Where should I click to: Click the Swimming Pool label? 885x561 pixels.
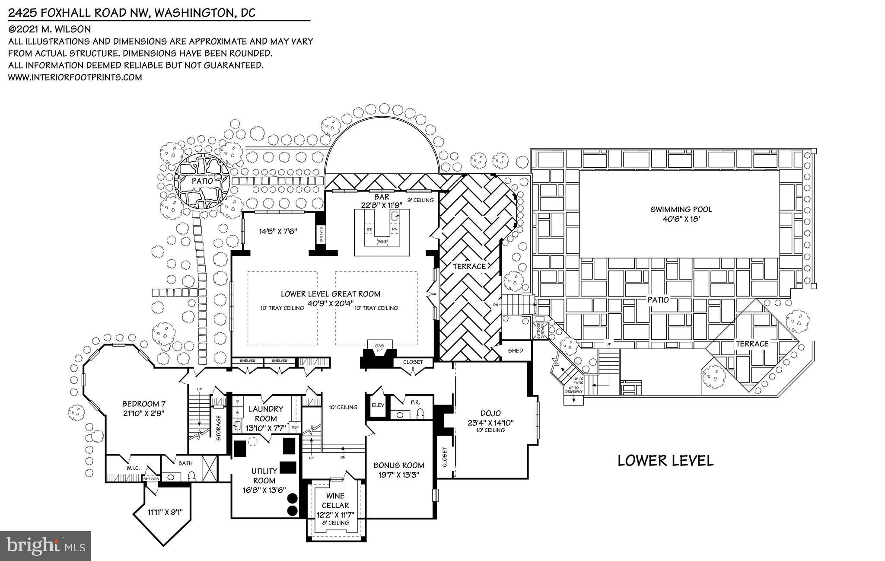(x=681, y=210)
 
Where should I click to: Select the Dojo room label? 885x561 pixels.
(x=490, y=414)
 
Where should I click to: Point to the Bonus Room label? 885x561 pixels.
(x=398, y=465)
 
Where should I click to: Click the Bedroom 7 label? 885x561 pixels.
(x=144, y=404)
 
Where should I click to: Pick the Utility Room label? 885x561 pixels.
(x=264, y=476)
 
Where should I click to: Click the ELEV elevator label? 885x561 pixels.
(x=378, y=405)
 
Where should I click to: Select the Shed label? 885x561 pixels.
(x=515, y=351)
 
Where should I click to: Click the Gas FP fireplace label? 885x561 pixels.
(x=379, y=347)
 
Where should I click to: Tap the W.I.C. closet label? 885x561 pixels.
(x=132, y=468)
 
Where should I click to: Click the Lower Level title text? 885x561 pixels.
(x=665, y=461)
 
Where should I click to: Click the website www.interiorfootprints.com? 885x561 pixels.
(x=75, y=77)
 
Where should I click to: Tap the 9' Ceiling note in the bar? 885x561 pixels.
(x=420, y=200)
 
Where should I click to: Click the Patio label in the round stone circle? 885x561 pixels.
(x=202, y=181)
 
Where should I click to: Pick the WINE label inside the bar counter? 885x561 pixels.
(x=382, y=242)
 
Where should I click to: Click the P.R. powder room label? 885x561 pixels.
(x=415, y=402)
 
